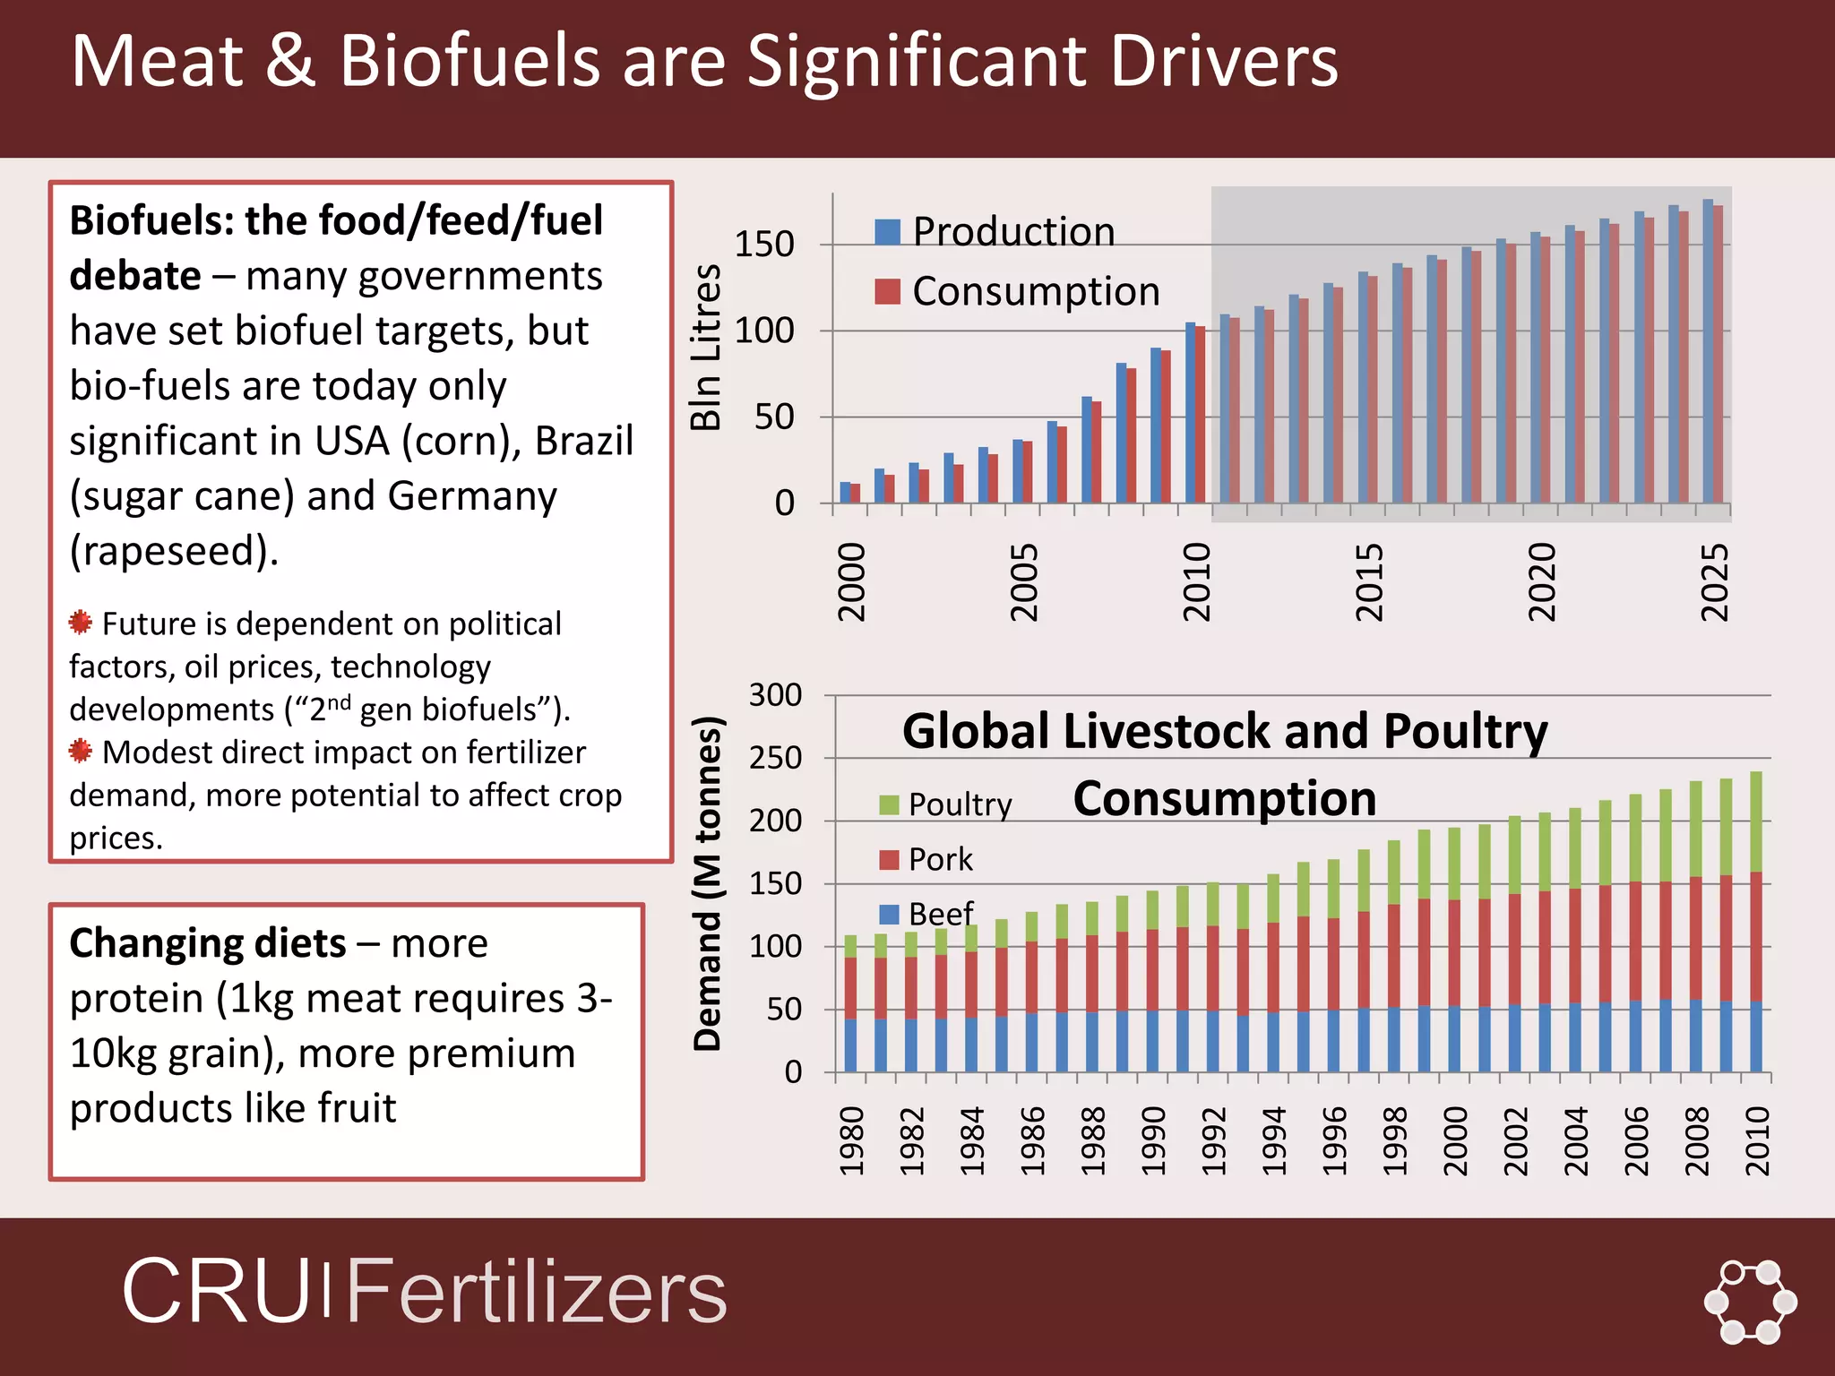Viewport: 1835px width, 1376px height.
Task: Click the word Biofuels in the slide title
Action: [469, 61]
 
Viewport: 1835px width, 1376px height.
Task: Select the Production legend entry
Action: [995, 231]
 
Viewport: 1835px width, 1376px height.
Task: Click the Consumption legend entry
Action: [1017, 291]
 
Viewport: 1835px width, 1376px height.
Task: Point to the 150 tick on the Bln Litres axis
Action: [763, 244]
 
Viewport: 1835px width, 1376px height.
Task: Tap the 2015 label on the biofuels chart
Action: [1368, 581]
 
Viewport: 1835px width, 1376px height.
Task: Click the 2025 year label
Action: [1713, 581]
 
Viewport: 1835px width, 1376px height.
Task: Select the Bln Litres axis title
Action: [706, 348]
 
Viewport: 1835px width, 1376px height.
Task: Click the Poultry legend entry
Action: [946, 804]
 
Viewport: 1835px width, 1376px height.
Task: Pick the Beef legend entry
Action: [927, 914]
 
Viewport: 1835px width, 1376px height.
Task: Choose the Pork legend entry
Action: [927, 859]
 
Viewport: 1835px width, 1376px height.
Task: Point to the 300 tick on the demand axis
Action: [775, 694]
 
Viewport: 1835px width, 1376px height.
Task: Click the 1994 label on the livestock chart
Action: [1273, 1140]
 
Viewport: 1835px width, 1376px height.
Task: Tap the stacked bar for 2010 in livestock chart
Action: [1755, 923]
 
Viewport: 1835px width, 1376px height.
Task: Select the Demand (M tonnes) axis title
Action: [707, 882]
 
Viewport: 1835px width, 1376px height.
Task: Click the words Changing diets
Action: [207, 943]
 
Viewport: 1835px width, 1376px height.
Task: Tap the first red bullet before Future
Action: [81, 622]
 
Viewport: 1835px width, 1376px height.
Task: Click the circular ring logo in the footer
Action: [1749, 1302]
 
